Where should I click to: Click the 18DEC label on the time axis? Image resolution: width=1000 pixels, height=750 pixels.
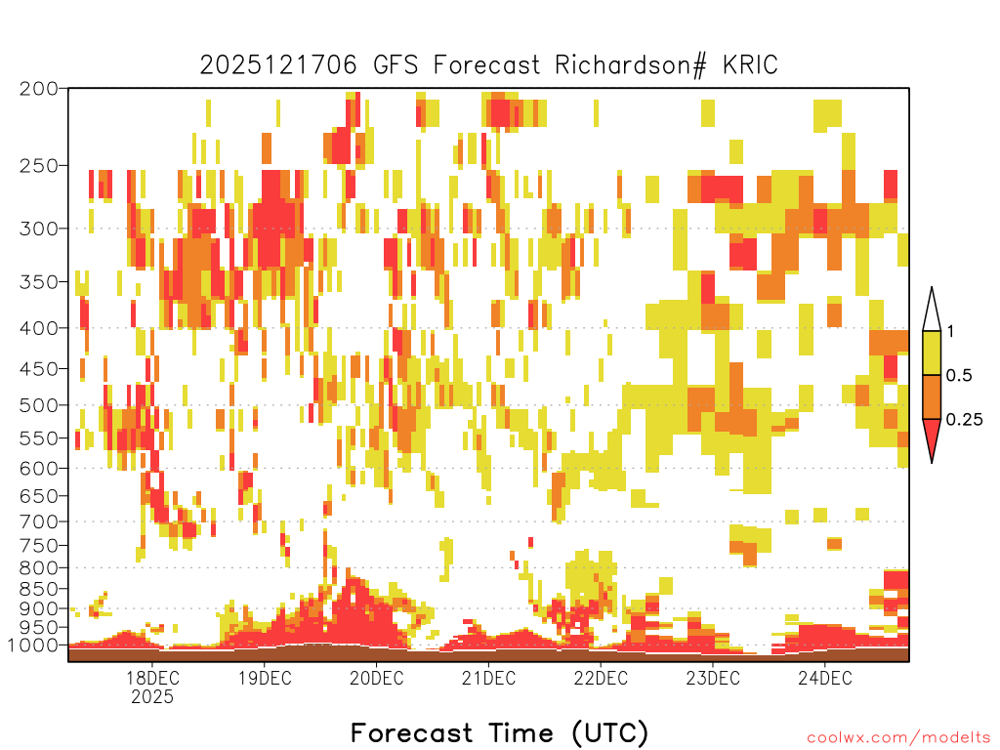(152, 678)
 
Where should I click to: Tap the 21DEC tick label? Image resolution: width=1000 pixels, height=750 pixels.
(488, 678)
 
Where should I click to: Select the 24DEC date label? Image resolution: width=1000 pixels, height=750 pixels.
(824, 678)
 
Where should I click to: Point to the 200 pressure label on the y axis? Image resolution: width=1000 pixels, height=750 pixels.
(39, 89)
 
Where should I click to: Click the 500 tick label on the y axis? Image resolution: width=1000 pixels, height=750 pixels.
(39, 405)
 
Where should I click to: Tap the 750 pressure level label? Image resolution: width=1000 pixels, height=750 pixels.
(39, 546)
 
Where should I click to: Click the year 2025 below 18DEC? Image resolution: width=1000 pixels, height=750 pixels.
(152, 696)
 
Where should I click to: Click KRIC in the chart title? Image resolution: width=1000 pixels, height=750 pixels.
(750, 65)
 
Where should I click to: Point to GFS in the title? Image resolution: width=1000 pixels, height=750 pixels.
(396, 65)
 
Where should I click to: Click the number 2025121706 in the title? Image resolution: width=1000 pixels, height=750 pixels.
(278, 65)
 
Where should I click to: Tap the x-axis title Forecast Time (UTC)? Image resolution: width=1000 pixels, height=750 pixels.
(499, 732)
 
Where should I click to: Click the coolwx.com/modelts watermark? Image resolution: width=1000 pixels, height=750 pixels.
(898, 738)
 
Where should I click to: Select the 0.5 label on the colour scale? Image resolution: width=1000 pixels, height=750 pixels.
(959, 375)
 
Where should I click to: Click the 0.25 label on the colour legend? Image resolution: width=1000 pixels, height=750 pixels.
(964, 419)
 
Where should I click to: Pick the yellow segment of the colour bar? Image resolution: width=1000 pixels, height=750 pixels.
(932, 353)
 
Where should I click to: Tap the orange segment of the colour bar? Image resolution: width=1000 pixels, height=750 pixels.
(932, 396)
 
